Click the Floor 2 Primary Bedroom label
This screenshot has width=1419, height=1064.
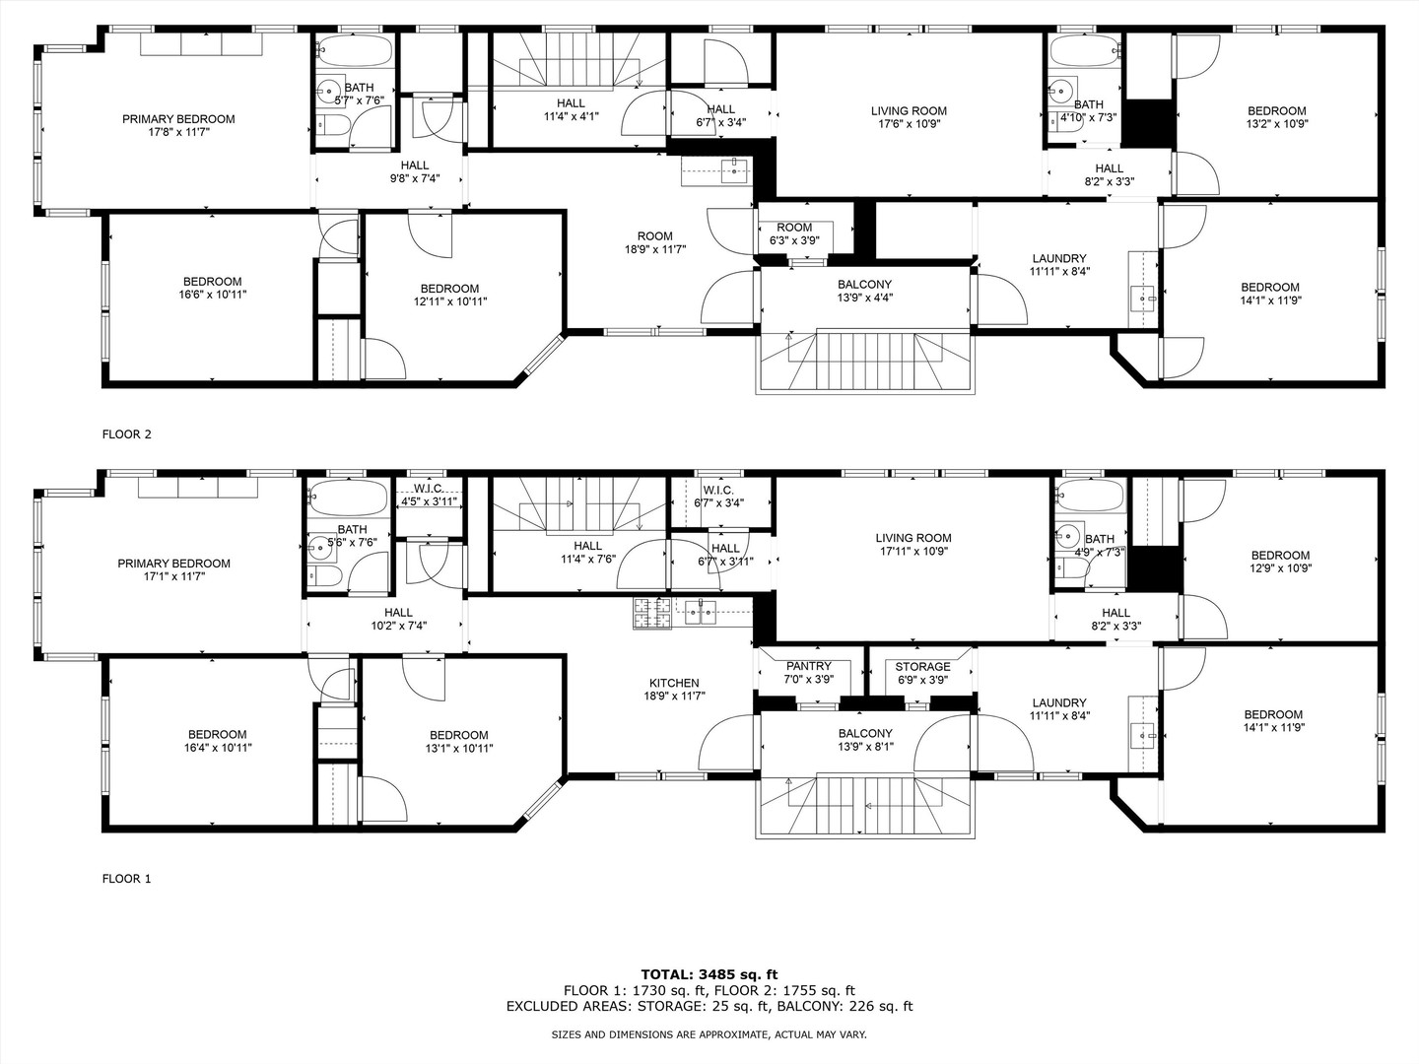[x=178, y=125]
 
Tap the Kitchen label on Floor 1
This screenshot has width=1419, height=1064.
[x=674, y=689]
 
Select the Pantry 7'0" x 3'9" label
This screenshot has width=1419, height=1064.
[x=808, y=673]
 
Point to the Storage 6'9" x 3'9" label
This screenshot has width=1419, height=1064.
[x=922, y=673]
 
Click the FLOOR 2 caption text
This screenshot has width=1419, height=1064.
[x=127, y=433]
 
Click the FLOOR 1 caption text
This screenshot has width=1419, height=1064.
[x=127, y=879]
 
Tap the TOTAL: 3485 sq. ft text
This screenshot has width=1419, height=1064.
[x=709, y=974]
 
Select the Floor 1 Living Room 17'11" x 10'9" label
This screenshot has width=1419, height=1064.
[x=913, y=545]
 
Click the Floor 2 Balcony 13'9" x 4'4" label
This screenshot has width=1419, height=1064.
[x=864, y=291]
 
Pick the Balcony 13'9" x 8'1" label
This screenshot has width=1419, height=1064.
[x=864, y=740]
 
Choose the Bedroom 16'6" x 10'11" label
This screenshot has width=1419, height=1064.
[x=212, y=288]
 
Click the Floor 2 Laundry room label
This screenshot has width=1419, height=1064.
[x=1059, y=265]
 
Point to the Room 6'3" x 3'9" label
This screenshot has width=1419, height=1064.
[x=794, y=233]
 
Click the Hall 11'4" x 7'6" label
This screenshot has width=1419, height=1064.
[x=587, y=552]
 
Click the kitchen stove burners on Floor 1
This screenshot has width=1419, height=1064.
[x=649, y=614]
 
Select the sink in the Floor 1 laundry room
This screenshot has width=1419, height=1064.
[x=1142, y=735]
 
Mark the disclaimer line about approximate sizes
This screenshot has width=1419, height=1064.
[x=709, y=1035]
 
